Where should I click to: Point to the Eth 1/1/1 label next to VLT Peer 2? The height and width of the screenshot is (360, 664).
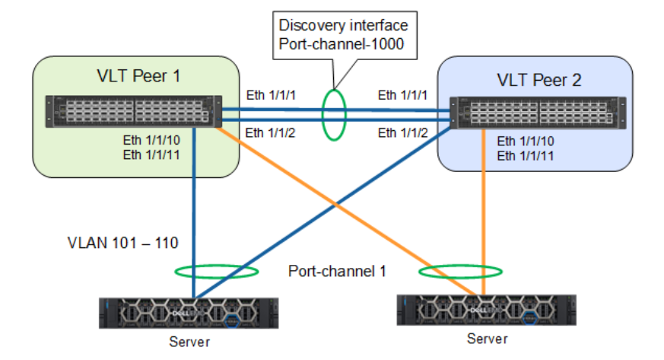point(404,95)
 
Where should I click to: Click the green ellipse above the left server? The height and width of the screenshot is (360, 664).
point(215,271)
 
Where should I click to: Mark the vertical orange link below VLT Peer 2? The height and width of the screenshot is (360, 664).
point(483,213)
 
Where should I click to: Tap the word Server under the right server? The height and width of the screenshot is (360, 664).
point(487,338)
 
